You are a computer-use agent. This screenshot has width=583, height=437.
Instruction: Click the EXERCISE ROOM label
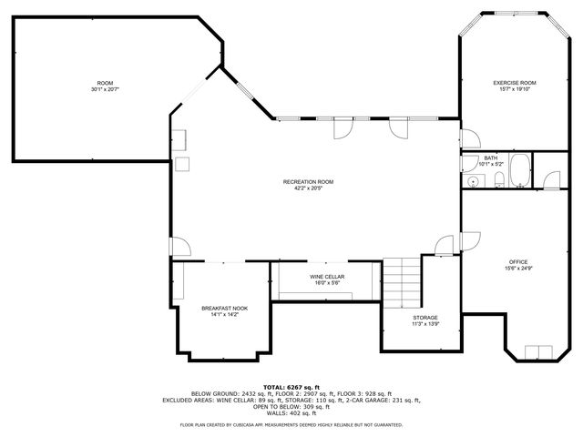(515, 83)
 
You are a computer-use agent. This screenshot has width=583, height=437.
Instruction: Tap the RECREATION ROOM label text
(308, 182)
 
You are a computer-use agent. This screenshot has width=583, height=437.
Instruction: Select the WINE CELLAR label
(326, 277)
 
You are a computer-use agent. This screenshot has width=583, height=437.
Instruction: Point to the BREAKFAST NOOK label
(224, 309)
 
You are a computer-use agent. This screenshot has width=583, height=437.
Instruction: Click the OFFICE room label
(517, 262)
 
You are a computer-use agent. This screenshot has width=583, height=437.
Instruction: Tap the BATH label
(491, 158)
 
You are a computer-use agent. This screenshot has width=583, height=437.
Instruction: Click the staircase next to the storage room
(401, 282)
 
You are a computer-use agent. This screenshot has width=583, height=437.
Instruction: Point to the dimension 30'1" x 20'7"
(106, 89)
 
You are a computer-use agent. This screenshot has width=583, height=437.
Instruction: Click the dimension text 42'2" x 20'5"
(308, 188)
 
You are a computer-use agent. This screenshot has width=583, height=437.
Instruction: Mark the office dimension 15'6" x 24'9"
(517, 269)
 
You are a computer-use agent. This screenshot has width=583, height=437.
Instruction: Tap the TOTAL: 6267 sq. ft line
(291, 386)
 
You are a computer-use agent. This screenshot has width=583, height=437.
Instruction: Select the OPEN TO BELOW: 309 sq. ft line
(291, 406)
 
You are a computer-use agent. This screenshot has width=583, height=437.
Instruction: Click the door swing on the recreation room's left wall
(179, 247)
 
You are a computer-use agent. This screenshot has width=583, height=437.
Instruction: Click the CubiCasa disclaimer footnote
(291, 424)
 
